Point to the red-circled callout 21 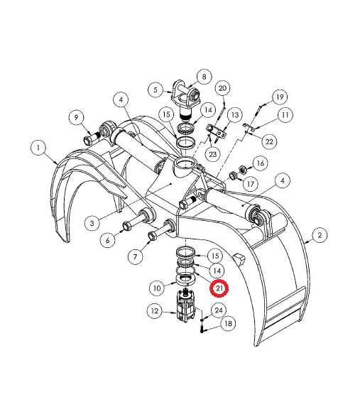(x=220, y=288)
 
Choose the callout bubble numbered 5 (x=156, y=90)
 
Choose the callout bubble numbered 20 (x=222, y=88)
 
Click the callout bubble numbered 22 (x=269, y=142)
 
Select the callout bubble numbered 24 (x=219, y=310)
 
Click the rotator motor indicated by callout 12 (x=187, y=313)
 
